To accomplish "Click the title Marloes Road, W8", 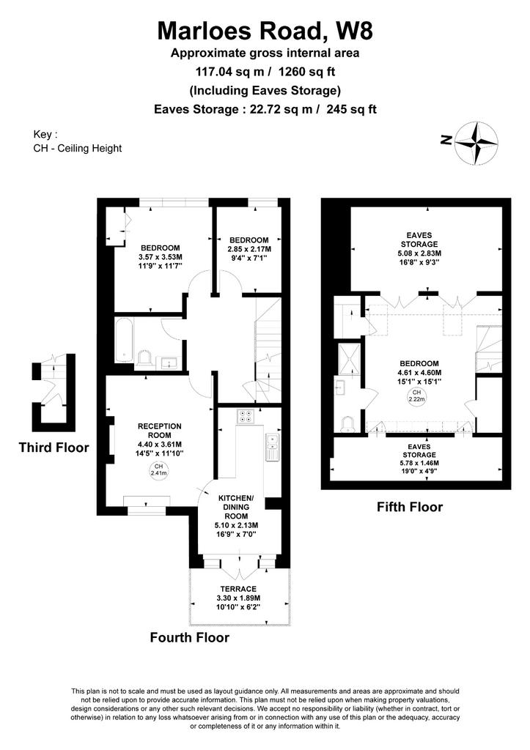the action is [x=265, y=31].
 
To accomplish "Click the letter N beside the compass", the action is [x=446, y=140].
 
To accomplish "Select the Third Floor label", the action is [x=54, y=448].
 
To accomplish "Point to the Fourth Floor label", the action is [x=190, y=638].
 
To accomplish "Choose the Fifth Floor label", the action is [x=410, y=507].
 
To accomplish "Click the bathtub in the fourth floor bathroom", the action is [x=124, y=340].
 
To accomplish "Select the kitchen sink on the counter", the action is [x=272, y=448].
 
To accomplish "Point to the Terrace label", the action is [x=238, y=589].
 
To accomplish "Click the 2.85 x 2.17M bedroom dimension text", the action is [x=249, y=249].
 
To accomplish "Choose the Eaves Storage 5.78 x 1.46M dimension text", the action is [x=419, y=463].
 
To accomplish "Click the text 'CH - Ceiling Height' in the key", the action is [x=78, y=148].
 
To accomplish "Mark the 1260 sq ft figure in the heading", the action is [x=306, y=72].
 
